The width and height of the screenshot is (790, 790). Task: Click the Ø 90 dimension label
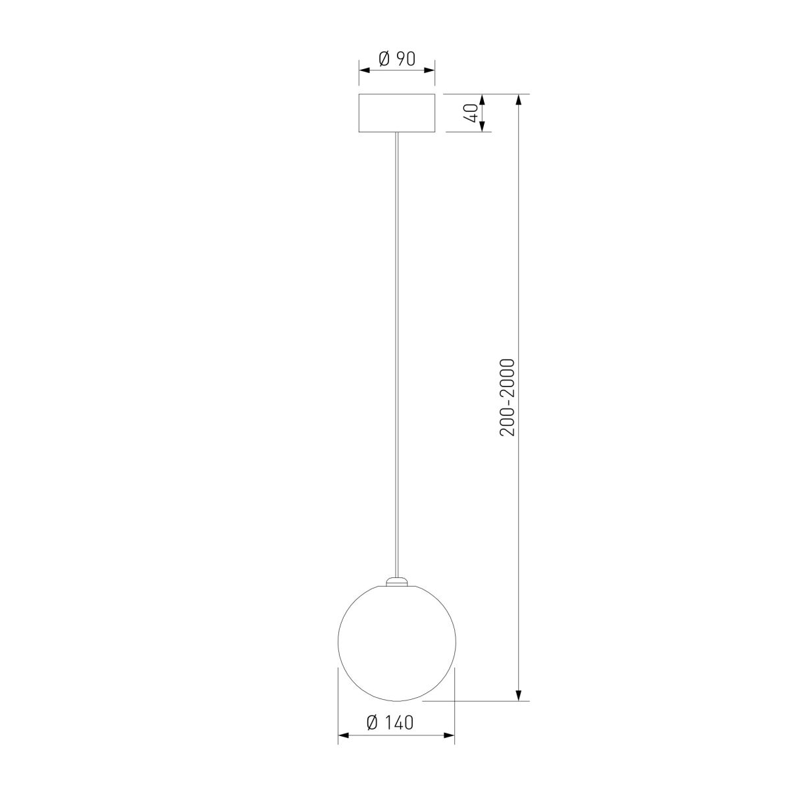pos(397,59)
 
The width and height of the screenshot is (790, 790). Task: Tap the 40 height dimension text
pos(470,113)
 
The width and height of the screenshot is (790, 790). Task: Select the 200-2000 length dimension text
pos(507,397)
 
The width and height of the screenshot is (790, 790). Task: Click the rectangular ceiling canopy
pos(397,113)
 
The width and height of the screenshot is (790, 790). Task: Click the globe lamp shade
pos(396,641)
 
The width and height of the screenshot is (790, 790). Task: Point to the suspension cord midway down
pos(396,355)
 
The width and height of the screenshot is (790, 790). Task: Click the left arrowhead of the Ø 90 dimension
pos(363,69)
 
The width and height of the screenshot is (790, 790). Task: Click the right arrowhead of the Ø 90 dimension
pos(431,69)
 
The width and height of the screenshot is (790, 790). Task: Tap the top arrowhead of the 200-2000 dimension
pos(519,99)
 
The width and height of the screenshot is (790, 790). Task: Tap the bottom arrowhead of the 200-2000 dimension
pos(519,696)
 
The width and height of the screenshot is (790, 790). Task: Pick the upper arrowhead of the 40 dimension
pos(482,99)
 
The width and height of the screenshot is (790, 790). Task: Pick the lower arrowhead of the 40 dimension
pos(482,127)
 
